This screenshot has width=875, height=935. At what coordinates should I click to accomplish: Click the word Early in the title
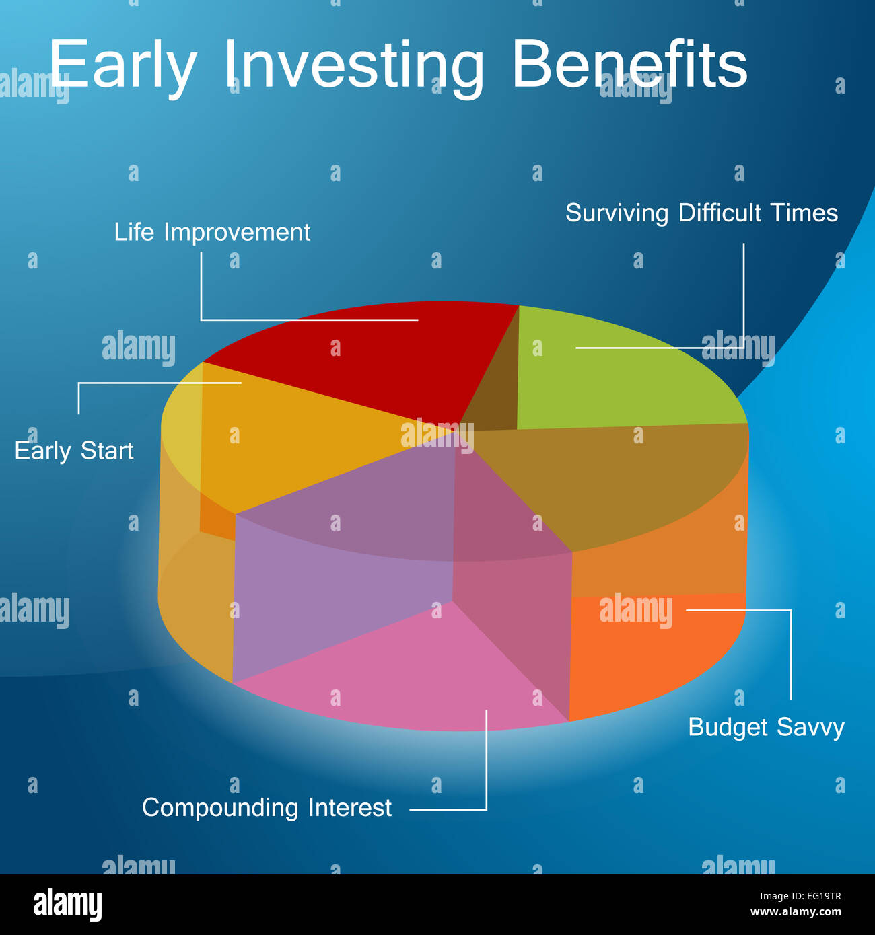pos(123,66)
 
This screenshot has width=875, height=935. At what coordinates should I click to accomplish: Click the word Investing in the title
pos(354,66)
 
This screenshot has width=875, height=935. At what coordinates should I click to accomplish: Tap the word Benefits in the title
pos(631,63)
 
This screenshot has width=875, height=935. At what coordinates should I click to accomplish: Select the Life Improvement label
pos(212,233)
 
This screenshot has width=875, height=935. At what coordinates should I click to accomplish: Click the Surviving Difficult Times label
pos(701,213)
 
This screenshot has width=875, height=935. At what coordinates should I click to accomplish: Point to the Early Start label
pos(74,451)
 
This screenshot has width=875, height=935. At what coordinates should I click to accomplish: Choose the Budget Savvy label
pos(766,727)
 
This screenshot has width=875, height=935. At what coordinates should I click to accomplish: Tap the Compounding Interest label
pos(267,808)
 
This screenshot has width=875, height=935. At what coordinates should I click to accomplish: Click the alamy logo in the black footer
pos(67,905)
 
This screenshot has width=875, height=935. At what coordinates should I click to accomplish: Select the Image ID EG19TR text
pos(800,896)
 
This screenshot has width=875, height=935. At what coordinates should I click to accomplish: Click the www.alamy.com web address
pos(796,912)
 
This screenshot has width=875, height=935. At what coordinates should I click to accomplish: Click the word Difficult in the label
pos(720,213)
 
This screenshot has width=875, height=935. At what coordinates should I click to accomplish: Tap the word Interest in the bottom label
pos(350,808)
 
